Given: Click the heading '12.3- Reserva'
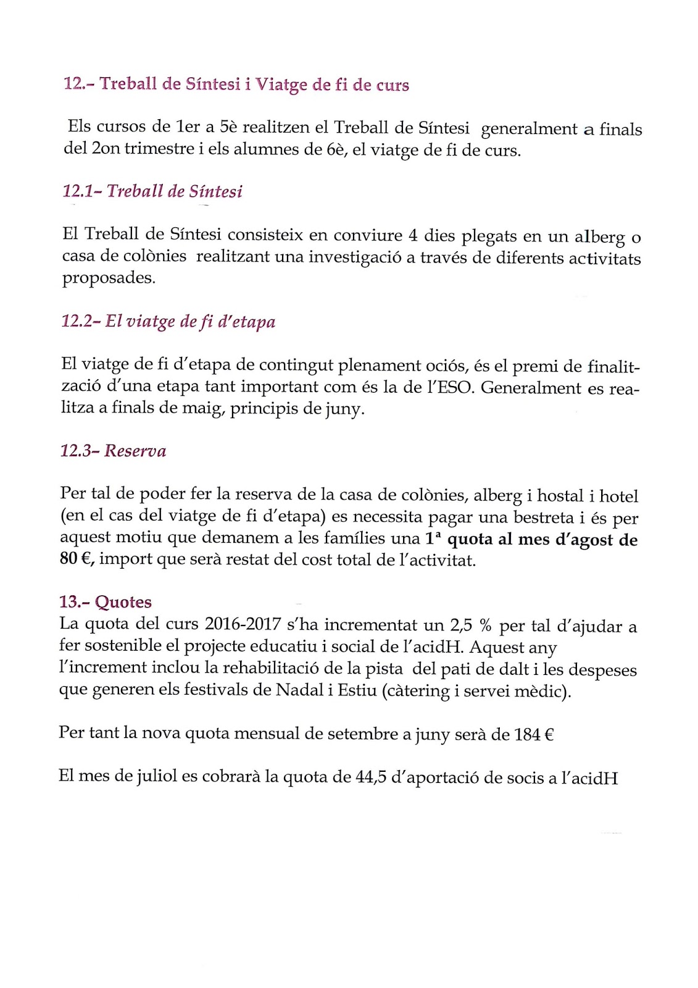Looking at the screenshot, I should click(x=113, y=451).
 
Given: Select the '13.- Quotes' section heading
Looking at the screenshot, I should click(x=106, y=602).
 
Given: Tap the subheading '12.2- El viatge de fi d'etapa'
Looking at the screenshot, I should click(x=168, y=322).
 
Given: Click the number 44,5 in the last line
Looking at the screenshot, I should click(x=371, y=777).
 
